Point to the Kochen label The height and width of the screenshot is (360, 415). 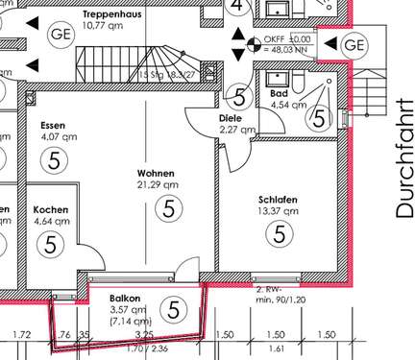pos(51,209)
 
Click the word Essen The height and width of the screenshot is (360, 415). pos(53,126)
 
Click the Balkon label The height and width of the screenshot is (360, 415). pos(125,299)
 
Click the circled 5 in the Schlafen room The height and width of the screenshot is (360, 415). pos(279,233)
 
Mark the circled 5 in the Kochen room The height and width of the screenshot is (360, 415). pos(51,243)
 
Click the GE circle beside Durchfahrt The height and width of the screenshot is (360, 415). pos(354,45)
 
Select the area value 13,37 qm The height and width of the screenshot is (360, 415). pos(278,212)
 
